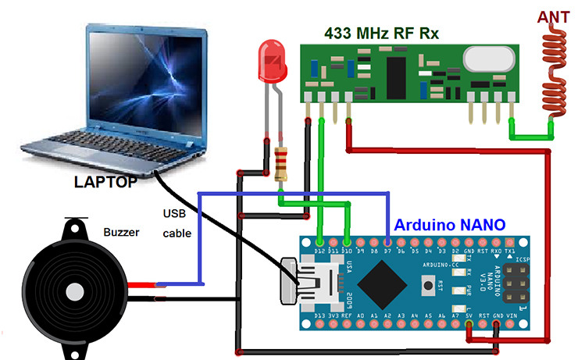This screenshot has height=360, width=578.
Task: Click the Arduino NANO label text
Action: coord(450,224)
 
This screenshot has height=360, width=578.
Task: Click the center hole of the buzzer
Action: coord(74,291)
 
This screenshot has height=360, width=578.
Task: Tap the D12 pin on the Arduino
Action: coord(321,242)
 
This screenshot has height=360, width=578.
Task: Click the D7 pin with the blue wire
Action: coord(388,242)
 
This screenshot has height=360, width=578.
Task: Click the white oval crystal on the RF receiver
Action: coord(489,58)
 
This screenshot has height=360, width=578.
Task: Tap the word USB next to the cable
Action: coord(176,213)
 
